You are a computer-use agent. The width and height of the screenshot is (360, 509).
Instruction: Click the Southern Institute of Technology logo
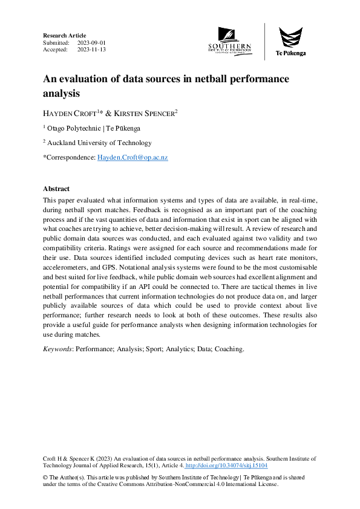[x=229, y=41]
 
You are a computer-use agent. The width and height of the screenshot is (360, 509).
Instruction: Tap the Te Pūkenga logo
[x=290, y=41]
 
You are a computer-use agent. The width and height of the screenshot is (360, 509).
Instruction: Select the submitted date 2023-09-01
[x=91, y=43]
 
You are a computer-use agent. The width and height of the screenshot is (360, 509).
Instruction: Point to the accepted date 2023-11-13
[x=91, y=50]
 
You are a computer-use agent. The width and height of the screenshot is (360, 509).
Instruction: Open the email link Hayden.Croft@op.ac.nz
[x=133, y=157]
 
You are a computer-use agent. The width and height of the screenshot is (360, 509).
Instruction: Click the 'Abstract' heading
[x=56, y=189]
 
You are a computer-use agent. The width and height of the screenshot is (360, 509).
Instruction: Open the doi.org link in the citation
[x=226, y=466]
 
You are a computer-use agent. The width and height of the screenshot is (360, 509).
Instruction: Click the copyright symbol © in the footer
[x=46, y=477]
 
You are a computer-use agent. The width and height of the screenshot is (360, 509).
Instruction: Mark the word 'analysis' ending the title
[x=61, y=94]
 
